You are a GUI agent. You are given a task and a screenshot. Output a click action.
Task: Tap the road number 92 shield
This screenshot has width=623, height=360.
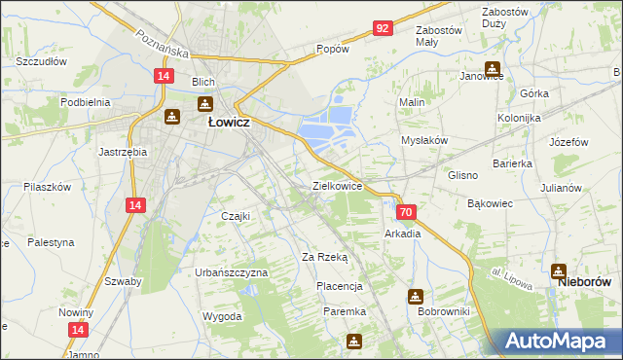[383, 28]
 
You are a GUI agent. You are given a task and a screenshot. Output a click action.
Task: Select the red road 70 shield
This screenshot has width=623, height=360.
[407, 212]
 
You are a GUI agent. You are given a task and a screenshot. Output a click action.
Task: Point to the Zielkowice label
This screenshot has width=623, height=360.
[337, 185]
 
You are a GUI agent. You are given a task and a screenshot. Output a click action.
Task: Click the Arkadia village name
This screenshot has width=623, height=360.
[403, 234]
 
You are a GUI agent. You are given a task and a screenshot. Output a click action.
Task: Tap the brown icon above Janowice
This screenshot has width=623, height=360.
[492, 68]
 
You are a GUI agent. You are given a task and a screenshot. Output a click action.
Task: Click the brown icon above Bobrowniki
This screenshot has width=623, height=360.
[416, 296]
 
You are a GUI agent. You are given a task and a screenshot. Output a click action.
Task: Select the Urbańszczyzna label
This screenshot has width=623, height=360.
[232, 272]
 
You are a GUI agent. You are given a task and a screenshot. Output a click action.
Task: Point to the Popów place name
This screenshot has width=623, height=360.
[333, 49]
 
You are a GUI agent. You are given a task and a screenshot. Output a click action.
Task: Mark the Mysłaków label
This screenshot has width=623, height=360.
[424, 140]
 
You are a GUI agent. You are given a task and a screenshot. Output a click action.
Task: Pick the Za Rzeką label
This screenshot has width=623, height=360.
[324, 257]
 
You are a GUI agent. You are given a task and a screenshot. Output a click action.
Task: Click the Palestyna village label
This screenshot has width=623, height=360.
[51, 241]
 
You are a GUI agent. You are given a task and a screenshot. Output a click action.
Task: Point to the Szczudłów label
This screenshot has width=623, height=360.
[41, 60]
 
